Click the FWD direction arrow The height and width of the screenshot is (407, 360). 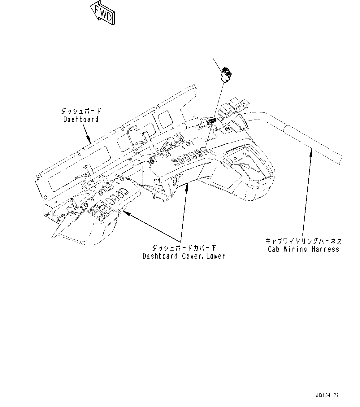coord(102,13)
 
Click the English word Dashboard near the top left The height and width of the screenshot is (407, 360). coord(81,119)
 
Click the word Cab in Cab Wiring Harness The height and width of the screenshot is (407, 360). coord(274,249)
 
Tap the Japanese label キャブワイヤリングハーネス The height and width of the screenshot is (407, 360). coord(303,241)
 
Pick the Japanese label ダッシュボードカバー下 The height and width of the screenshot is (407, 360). coord(184,248)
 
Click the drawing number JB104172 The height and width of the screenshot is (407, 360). coord(327,395)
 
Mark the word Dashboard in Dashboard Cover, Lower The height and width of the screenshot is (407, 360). coord(159,256)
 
